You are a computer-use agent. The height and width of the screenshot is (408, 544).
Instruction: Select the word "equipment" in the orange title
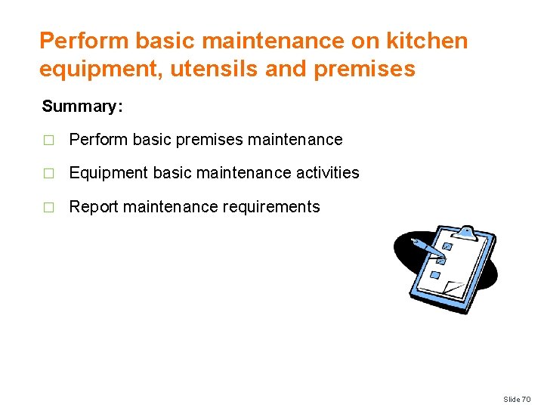coord(88,70)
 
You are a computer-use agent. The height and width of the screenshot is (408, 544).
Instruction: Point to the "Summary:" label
coord(82,107)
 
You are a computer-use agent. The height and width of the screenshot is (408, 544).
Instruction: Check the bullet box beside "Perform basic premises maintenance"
coord(49,141)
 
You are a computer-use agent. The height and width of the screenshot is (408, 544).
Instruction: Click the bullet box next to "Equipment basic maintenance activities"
coord(49,174)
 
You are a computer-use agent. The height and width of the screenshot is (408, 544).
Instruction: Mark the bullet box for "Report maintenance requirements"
coord(49,208)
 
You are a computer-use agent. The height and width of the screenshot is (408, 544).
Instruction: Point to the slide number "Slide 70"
coord(517,399)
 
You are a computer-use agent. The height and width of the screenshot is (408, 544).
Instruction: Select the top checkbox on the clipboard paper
coord(447,247)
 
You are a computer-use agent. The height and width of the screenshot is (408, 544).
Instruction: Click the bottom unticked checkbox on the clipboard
coord(434,275)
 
